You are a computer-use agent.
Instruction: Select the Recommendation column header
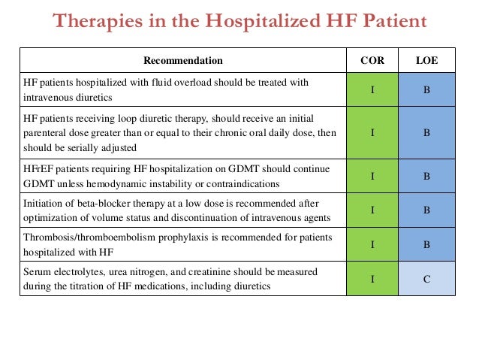coord(182,59)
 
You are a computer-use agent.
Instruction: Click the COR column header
coord(373,59)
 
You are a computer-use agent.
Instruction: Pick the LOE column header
coord(426,59)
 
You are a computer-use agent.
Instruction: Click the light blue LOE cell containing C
coord(426,279)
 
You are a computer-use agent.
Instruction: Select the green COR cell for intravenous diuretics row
coord(373,90)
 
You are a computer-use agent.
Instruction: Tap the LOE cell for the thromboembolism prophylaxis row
coord(426,244)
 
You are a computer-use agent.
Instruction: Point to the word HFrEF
coord(38,170)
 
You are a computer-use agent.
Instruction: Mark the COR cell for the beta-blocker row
coord(373,210)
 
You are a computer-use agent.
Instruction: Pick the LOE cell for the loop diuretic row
coord(426,132)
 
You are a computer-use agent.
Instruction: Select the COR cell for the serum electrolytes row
coord(373,279)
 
